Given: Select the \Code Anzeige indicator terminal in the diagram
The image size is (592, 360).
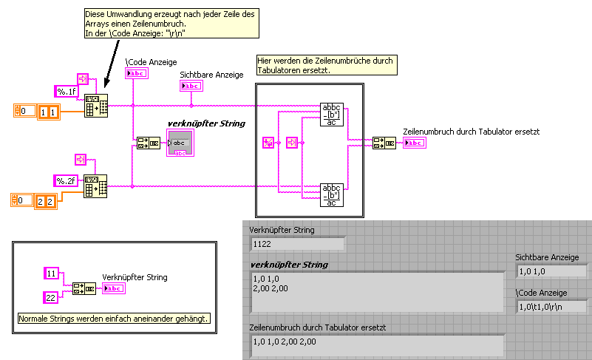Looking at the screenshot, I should coord(137,73).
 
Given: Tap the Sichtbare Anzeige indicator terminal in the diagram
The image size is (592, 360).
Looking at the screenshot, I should coord(190,86).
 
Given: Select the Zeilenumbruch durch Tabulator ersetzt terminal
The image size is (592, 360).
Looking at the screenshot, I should coord(413,142).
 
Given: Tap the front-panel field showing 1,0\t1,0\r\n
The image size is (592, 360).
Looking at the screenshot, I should coord(550,305).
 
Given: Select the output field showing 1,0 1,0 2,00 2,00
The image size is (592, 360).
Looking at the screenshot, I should coord(376,342).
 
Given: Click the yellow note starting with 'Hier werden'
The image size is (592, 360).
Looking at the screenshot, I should coord(325,65).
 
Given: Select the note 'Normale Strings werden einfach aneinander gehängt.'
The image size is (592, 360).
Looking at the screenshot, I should coord(115,319).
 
